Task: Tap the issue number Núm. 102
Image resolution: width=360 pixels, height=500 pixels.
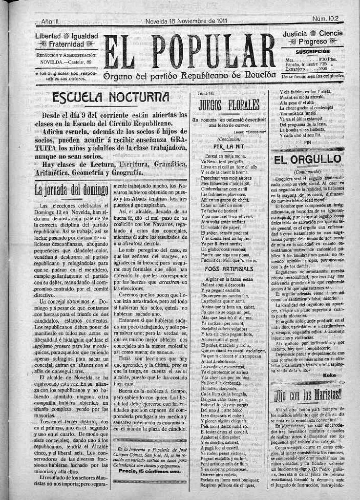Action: (328, 19)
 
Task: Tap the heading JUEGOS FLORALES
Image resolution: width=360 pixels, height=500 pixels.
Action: (229, 104)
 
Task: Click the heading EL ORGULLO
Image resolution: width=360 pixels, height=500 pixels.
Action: (307, 159)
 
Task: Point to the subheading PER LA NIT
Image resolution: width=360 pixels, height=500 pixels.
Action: (226, 146)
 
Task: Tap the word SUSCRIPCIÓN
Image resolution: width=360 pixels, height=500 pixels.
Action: (313, 51)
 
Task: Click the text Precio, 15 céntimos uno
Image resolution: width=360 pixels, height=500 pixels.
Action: (149, 471)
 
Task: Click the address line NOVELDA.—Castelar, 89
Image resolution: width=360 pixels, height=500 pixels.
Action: (66, 62)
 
